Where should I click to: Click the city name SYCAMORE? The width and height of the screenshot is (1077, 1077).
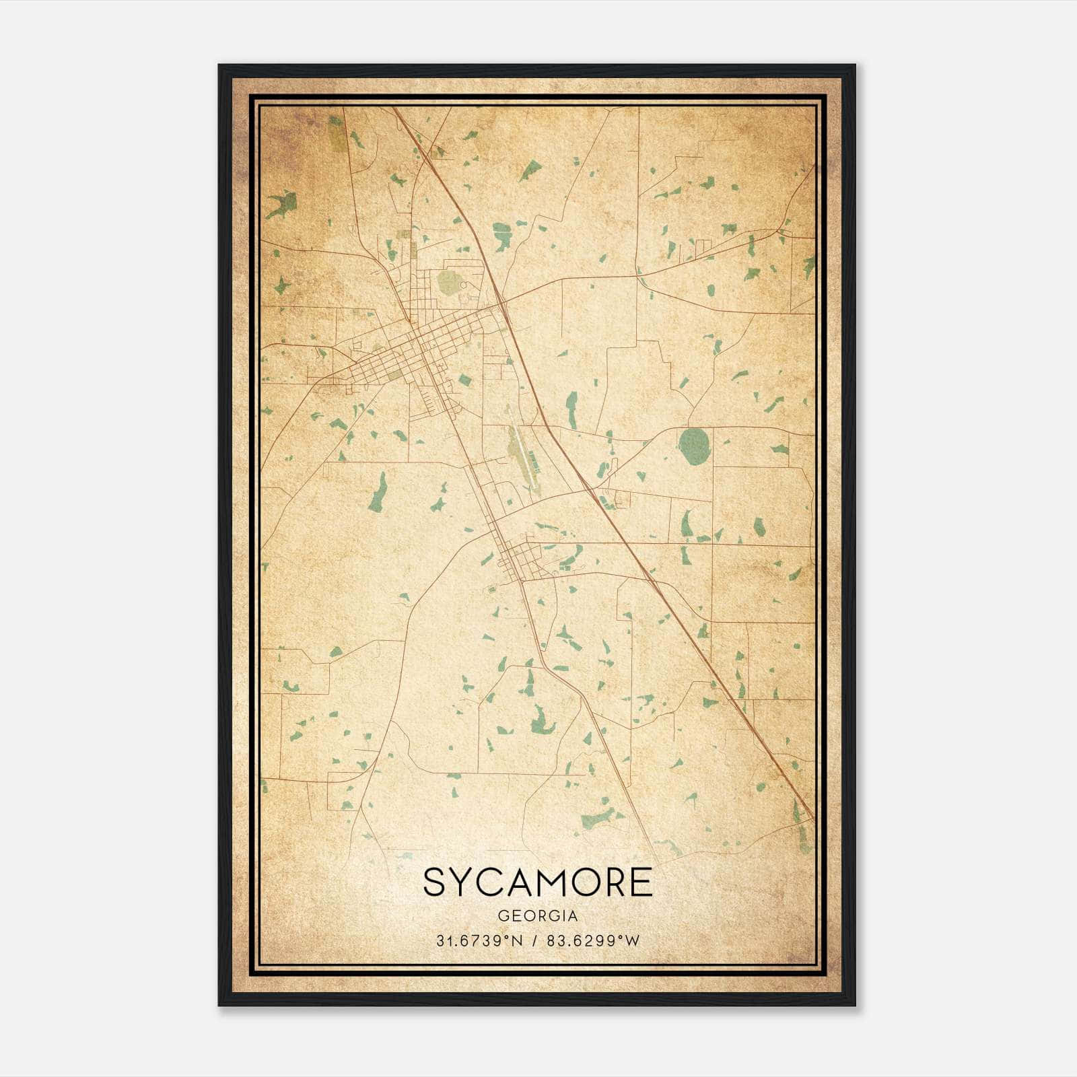[538, 882]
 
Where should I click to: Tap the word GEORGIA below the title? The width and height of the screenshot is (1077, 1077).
[538, 916]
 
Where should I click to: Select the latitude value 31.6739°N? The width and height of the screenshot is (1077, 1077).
[479, 941]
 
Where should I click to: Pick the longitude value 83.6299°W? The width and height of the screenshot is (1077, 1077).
[593, 941]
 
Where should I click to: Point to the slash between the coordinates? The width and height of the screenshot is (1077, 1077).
[535, 941]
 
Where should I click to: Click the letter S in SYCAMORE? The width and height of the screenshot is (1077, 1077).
[435, 882]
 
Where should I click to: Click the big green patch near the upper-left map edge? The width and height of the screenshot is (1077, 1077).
[282, 203]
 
